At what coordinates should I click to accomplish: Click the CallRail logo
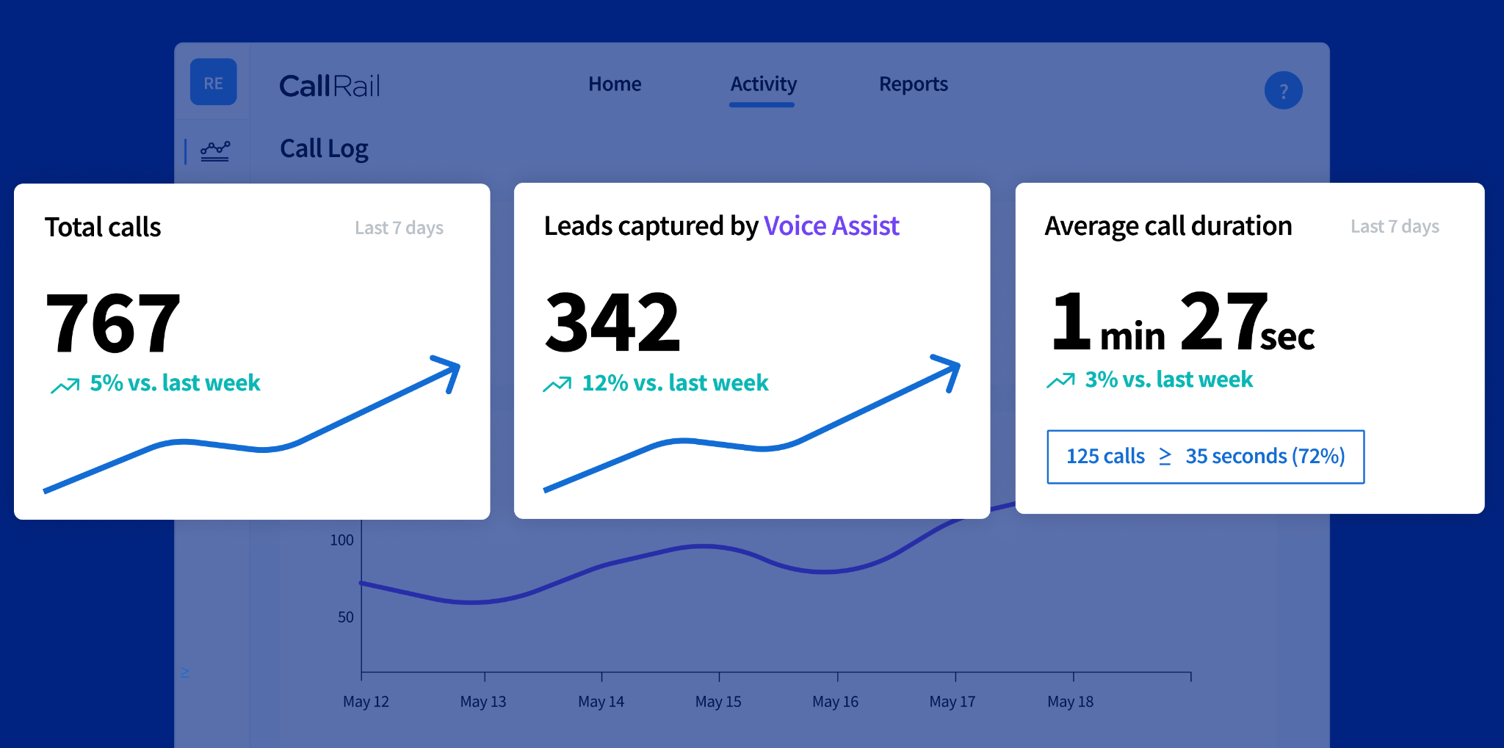pos(330,86)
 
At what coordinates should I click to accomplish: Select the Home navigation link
pos(615,84)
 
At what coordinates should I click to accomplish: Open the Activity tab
pos(763,85)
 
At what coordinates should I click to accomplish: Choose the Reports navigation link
pos(914,84)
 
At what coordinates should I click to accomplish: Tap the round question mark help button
pos(1283,90)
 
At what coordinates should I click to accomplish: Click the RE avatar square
pos(214,81)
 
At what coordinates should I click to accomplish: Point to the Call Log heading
pos(324,149)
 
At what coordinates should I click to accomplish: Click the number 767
pos(113,322)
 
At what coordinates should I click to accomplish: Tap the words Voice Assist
pos(831,226)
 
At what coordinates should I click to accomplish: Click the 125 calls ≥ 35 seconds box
pos(1205,457)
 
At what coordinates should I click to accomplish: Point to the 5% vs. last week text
pos(175,382)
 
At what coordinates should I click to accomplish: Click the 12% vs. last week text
pos(675,382)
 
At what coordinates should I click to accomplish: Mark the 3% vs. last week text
pos(1168,379)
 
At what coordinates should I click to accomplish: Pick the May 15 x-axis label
pos(718,702)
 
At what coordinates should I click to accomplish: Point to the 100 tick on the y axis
pos(341,540)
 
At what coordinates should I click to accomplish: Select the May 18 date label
pos(1070,702)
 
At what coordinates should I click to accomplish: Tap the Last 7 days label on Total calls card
pos(399,228)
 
